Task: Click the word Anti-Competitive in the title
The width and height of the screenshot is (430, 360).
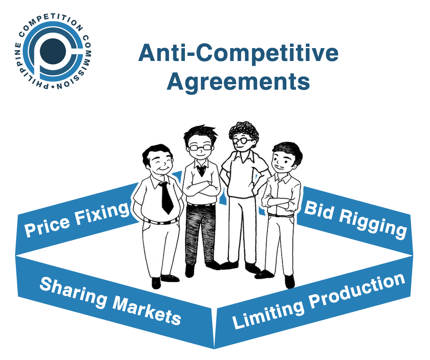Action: click(238, 53)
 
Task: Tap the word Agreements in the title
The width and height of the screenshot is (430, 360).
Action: click(238, 82)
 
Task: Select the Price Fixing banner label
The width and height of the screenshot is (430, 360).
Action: click(77, 219)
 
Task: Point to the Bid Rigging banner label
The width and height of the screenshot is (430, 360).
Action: click(356, 219)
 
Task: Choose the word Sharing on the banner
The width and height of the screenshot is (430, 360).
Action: click(74, 291)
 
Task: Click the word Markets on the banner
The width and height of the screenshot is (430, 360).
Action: click(147, 310)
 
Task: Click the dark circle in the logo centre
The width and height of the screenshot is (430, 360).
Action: click(52, 51)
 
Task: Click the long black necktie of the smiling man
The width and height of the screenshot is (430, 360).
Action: click(166, 197)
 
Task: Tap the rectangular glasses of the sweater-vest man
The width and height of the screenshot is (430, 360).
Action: click(200, 147)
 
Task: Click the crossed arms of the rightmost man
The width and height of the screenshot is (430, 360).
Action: click(277, 201)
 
